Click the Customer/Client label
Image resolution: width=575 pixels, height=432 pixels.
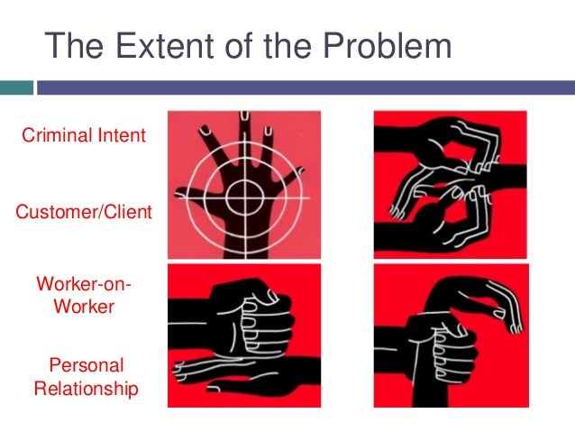(x=84, y=213)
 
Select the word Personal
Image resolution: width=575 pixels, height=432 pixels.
(x=87, y=366)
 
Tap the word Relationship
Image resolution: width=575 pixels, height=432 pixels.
(x=87, y=390)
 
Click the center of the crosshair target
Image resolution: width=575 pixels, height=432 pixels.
(x=242, y=193)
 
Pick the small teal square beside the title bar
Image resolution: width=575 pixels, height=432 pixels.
(x=16, y=88)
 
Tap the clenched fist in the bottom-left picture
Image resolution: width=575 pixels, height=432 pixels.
(x=257, y=320)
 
